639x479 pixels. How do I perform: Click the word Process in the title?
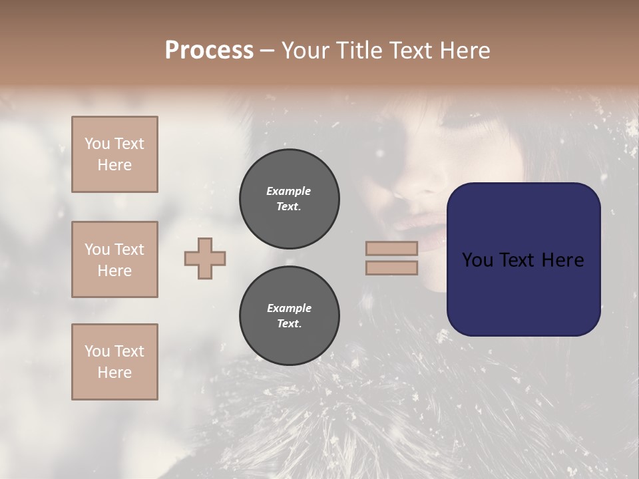click(209, 50)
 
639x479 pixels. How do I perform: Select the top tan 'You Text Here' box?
click(114, 154)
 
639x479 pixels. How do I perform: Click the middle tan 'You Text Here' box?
click(114, 259)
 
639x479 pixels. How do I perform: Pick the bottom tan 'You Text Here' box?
click(114, 361)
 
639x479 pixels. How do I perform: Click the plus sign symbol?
click(205, 258)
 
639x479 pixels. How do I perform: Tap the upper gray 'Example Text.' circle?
click(290, 199)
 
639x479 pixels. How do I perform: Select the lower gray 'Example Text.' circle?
click(290, 316)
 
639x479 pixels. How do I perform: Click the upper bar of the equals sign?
click(391, 248)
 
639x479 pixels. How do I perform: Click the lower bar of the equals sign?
click(391, 267)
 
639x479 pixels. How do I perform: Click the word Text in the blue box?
click(523, 260)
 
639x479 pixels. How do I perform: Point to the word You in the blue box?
click(477, 260)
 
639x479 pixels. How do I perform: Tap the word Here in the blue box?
click(562, 260)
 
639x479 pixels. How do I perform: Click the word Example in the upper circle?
click(288, 191)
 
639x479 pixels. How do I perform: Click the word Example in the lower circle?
click(289, 308)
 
